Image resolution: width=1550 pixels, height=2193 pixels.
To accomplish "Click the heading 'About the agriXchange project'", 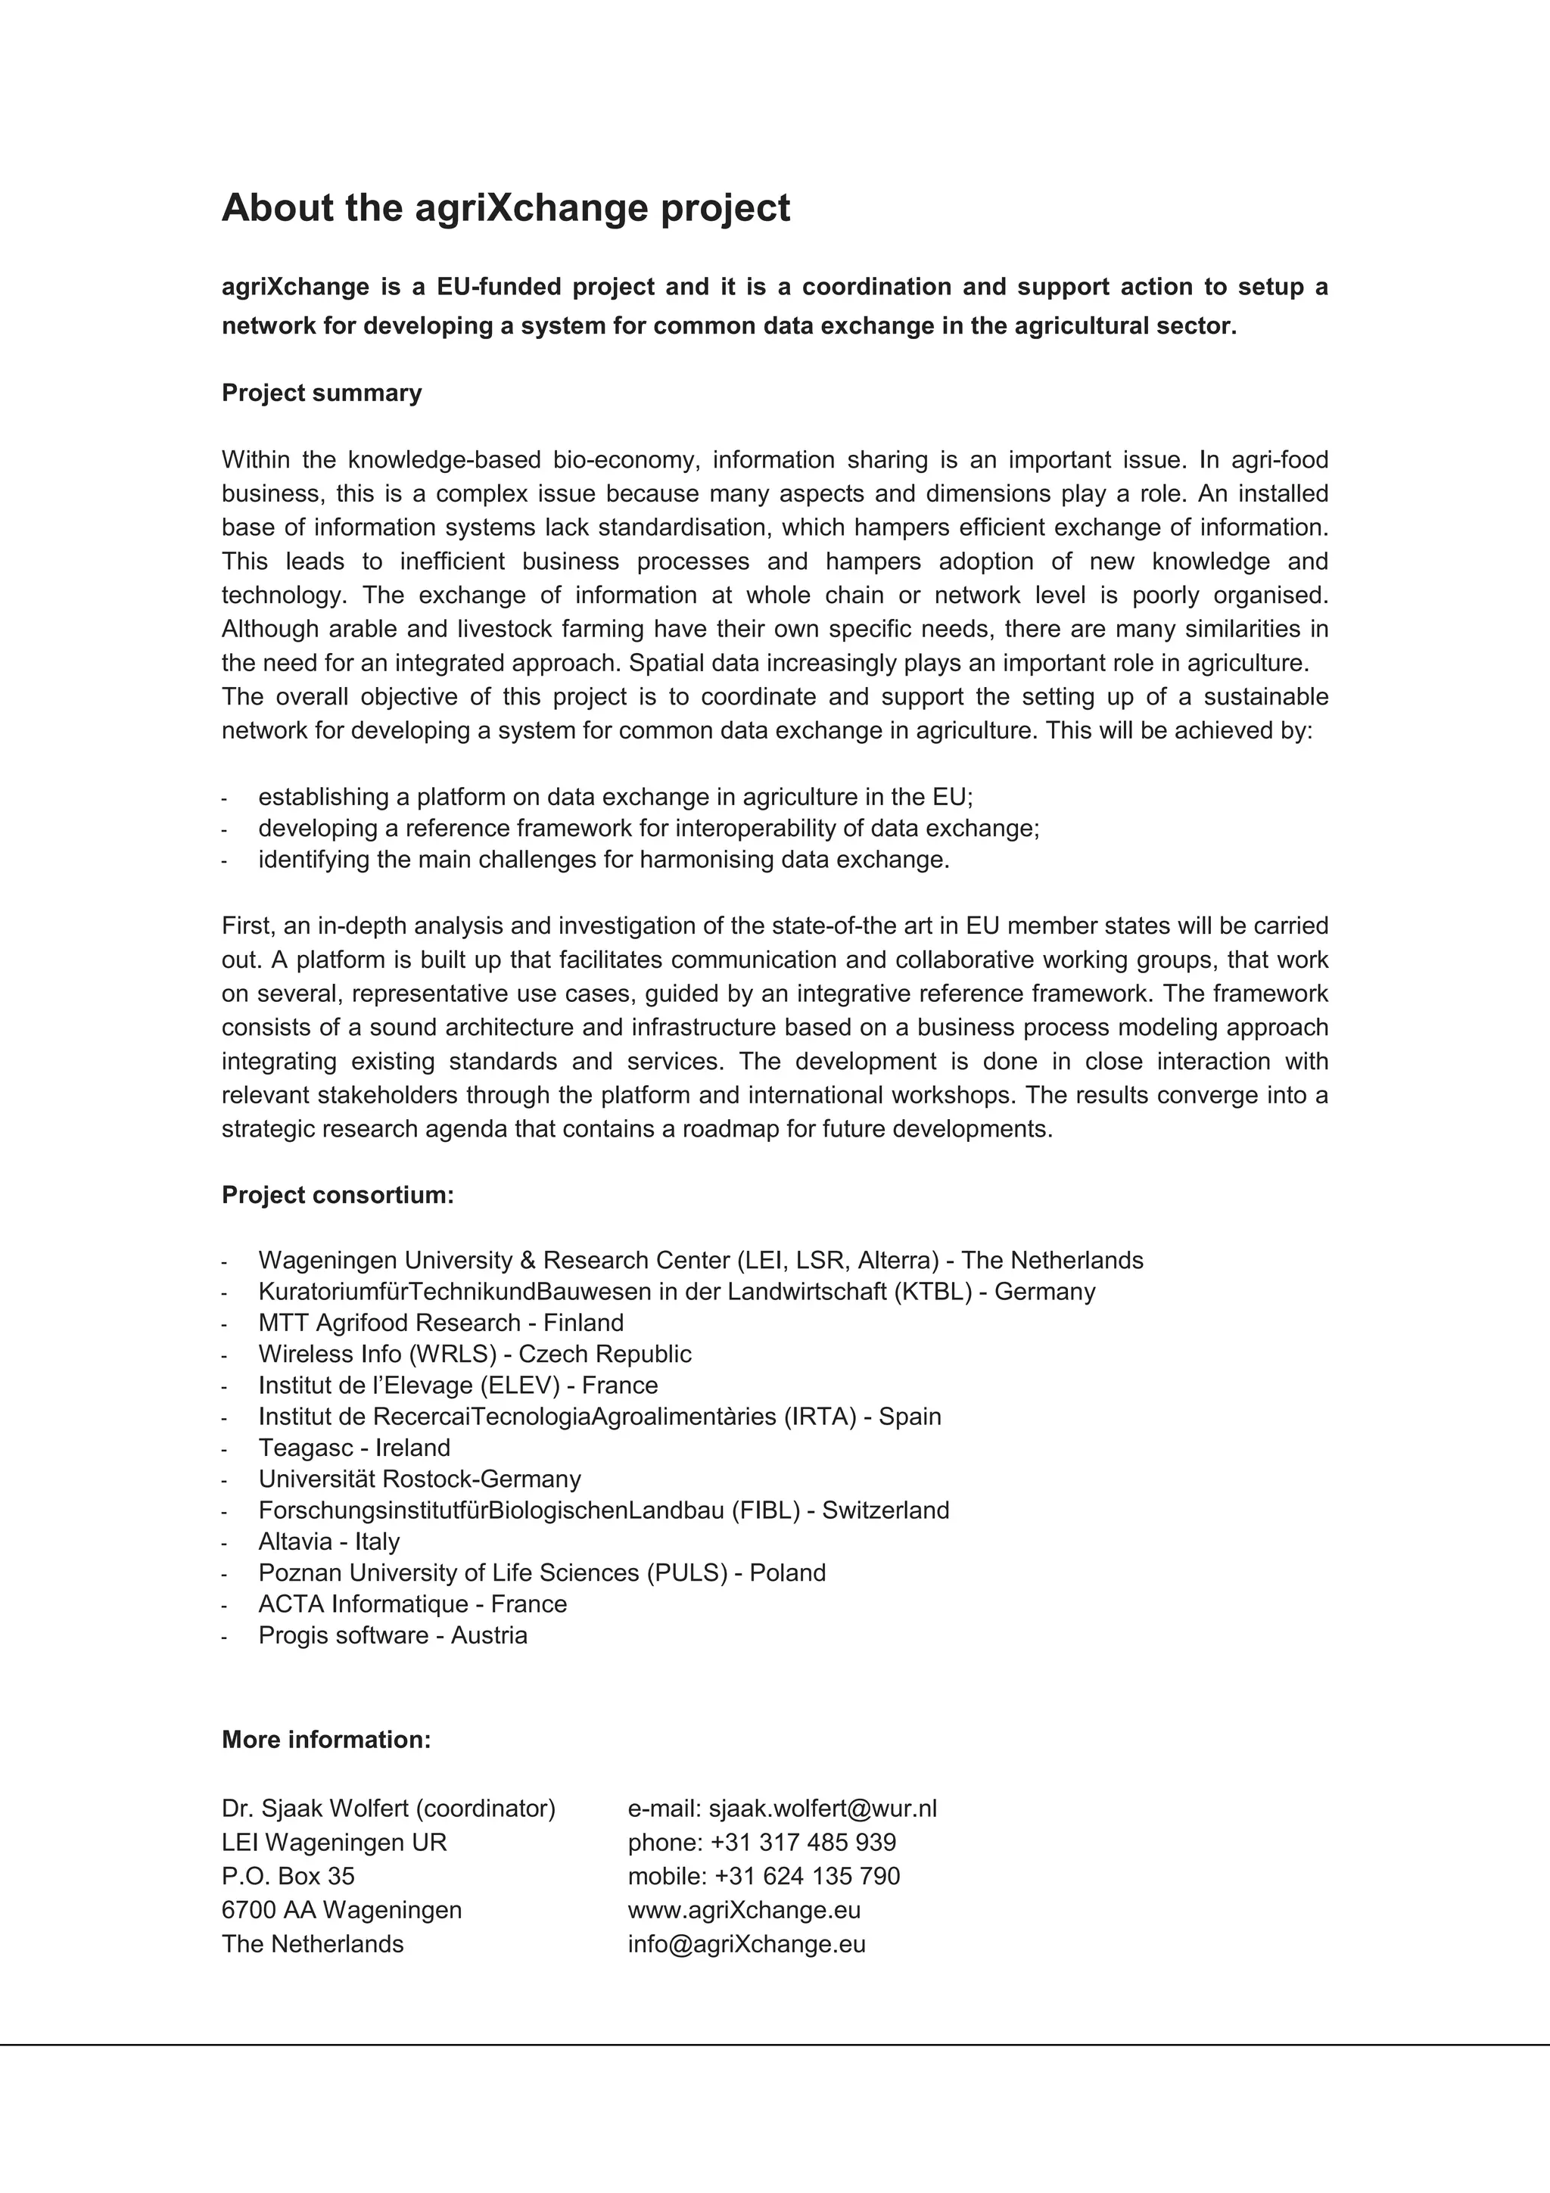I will coord(506,208).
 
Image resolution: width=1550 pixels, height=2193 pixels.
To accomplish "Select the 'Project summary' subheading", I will coord(321,393).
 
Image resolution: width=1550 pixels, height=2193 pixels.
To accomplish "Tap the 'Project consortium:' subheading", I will coord(337,1195).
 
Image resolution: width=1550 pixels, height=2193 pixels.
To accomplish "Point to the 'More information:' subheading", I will coord(325,1739).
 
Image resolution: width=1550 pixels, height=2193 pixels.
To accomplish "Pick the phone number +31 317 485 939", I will coord(803,1842).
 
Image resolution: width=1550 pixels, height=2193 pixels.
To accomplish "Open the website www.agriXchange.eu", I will coord(744,1909).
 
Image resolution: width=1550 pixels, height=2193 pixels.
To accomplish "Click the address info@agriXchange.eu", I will coord(746,1944).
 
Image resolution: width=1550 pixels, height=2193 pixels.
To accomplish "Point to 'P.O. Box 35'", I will coord(288,1876).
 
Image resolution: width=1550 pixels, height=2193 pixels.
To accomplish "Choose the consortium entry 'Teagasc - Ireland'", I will coord(354,1447).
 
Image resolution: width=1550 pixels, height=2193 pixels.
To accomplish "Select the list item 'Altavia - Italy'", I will coord(328,1541).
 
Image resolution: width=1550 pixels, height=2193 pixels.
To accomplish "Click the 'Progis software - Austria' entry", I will coord(393,1635).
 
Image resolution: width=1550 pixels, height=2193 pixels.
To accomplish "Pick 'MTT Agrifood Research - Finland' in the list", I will coord(440,1322).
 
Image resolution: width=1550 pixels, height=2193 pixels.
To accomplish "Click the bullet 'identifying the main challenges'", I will coord(603,859).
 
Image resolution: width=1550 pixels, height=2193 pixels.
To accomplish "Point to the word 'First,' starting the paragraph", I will coord(247,925).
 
